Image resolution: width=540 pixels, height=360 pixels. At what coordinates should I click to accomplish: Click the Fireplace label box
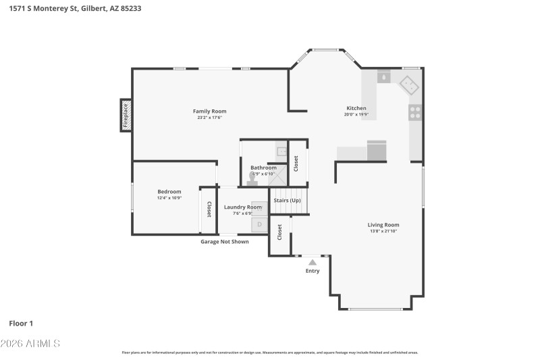click(x=126, y=115)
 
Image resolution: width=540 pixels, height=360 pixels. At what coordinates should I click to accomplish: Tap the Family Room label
click(x=209, y=111)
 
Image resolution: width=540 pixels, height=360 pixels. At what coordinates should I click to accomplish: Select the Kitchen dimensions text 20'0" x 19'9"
click(x=356, y=115)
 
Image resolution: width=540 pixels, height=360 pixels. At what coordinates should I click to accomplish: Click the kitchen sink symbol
click(x=383, y=77)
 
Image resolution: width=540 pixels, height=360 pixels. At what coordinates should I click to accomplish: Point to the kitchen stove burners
click(x=415, y=112)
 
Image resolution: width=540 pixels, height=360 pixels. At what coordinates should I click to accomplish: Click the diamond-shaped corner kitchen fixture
click(x=409, y=84)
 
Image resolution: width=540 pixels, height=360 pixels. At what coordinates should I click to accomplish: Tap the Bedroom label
click(x=169, y=192)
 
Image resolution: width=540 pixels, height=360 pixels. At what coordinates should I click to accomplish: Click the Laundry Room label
click(x=243, y=207)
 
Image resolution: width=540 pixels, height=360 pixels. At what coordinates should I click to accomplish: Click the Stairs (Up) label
click(x=286, y=200)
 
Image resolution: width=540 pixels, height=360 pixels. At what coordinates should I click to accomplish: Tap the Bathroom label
click(x=263, y=168)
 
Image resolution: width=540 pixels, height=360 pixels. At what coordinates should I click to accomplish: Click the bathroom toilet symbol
click(x=252, y=180)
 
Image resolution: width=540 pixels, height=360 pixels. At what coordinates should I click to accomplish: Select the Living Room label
click(x=383, y=225)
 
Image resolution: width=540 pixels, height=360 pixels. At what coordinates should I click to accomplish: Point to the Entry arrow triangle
click(x=312, y=262)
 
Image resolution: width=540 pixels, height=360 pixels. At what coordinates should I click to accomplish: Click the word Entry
click(x=313, y=271)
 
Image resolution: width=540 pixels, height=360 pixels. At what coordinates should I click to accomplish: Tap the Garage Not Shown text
click(x=224, y=241)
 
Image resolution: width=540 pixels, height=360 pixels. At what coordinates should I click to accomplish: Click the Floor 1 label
click(x=21, y=323)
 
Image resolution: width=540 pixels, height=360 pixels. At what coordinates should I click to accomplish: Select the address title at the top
click(x=75, y=8)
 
